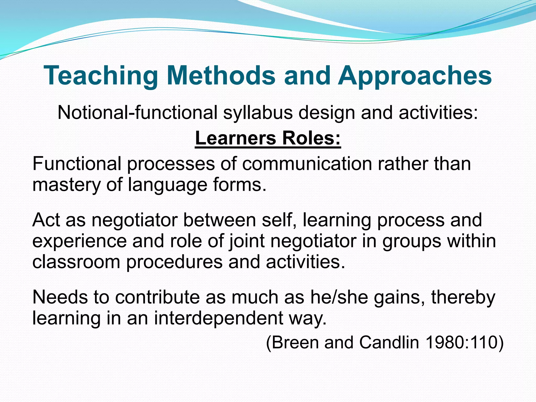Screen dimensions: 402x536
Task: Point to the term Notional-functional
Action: (x=137, y=113)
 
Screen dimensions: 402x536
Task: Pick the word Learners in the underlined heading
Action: (x=235, y=138)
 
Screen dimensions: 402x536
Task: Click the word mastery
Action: (x=66, y=185)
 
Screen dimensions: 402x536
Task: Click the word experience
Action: (x=80, y=241)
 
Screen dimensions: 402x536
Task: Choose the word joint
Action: (x=247, y=241)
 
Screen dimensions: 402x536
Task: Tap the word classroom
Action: (x=76, y=262)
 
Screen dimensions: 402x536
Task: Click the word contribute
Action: (x=157, y=297)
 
